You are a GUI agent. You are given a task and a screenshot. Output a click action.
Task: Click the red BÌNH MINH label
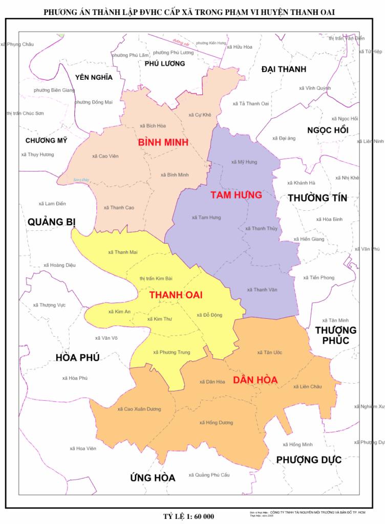(163, 142)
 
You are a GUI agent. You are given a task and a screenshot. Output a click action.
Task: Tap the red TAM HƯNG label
(236, 195)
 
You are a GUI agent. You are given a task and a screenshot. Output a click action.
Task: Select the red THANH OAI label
(176, 295)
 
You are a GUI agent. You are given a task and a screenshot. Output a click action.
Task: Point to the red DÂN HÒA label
(255, 380)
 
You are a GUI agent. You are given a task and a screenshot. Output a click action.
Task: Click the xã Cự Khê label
(200, 115)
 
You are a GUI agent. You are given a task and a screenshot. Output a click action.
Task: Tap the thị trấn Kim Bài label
(156, 278)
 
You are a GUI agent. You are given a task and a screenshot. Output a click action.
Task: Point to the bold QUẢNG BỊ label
(52, 222)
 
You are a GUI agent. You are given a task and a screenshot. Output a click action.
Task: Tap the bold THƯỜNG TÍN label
(317, 198)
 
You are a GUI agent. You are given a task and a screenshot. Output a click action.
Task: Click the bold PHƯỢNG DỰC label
(309, 460)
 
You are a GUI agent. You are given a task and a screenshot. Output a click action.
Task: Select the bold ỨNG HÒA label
(153, 478)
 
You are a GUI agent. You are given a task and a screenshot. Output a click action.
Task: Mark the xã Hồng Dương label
(216, 423)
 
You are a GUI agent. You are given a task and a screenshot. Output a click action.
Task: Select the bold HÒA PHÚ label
(77, 357)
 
